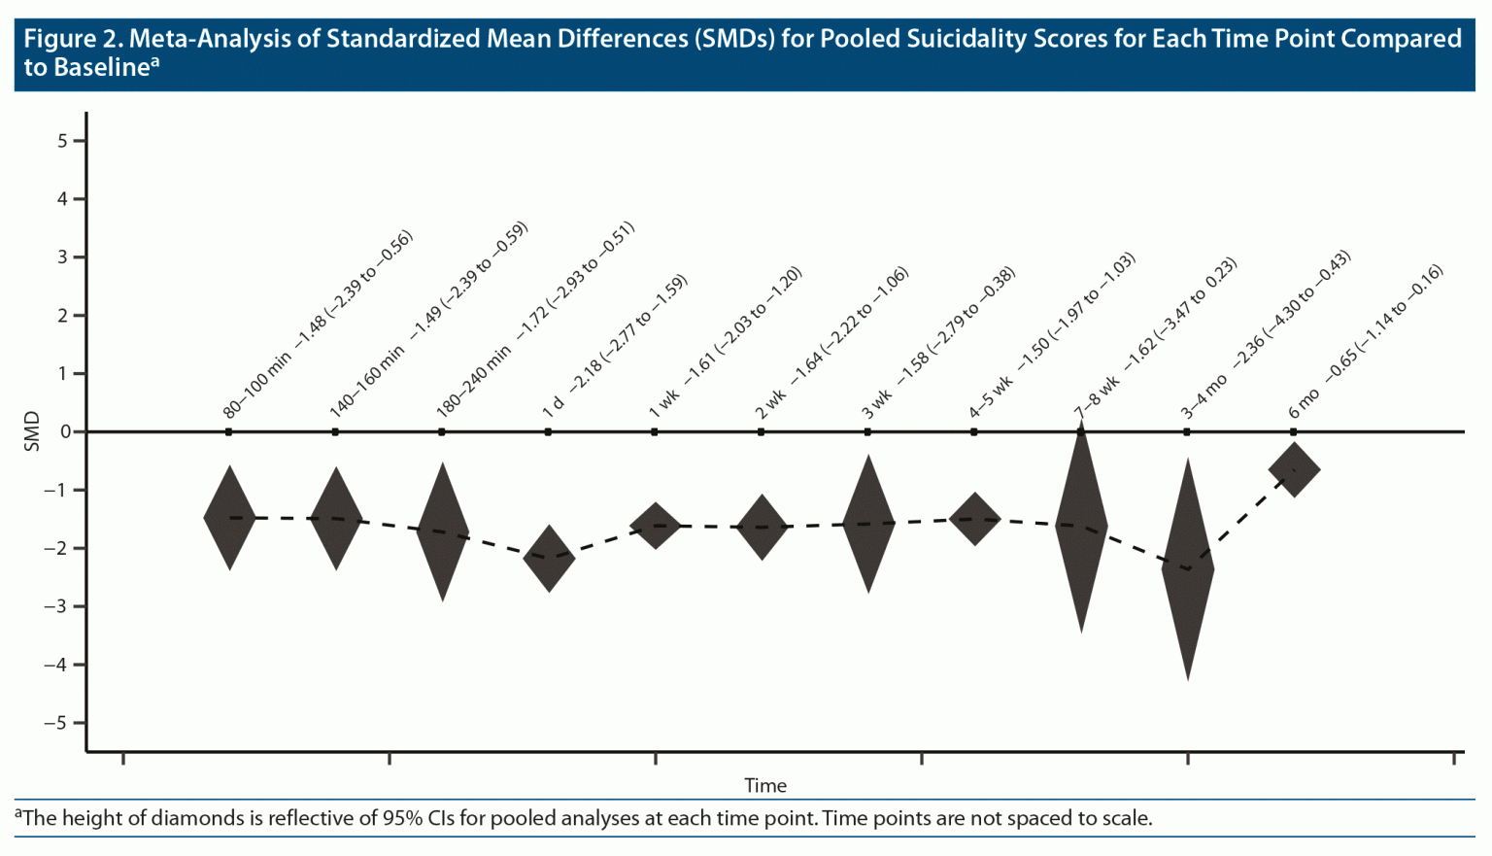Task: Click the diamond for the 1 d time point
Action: [x=549, y=559]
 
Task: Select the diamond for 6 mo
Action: [x=1294, y=470]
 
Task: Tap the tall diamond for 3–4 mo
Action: [x=1187, y=569]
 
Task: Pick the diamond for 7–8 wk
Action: [x=1081, y=528]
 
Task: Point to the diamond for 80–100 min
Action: [x=229, y=518]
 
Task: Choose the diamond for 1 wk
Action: [x=656, y=526]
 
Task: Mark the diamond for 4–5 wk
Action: [x=974, y=519]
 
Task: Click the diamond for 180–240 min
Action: [x=443, y=532]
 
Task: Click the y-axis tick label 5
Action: [x=63, y=141]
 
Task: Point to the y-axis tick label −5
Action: [x=57, y=723]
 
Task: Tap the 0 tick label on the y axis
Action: [x=65, y=431]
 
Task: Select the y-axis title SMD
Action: [x=32, y=431]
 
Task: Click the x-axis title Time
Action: [x=765, y=785]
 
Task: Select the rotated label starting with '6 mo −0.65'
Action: [x=1366, y=342]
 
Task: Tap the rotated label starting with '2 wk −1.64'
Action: [x=831, y=343]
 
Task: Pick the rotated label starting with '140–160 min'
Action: [x=427, y=322]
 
